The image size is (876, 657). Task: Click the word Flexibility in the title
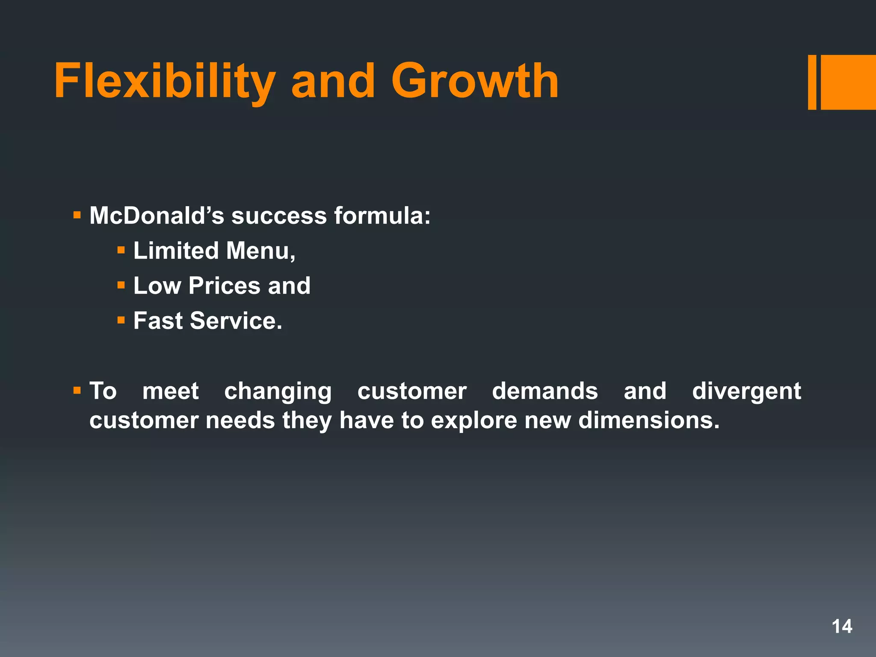pos(165,81)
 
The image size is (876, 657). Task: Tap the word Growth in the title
pos(475,81)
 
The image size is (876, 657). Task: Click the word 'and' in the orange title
pos(333,81)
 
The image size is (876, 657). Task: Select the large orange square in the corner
pos(848,82)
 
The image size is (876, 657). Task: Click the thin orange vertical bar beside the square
pos(812,82)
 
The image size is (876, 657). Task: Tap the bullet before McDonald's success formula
pos(77,215)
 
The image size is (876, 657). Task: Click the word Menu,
pos(260,251)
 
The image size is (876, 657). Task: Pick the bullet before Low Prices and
pos(121,285)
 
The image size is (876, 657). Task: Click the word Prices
pos(224,286)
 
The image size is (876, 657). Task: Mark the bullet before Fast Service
pos(121,320)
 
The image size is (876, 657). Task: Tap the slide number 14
pos(841,627)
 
